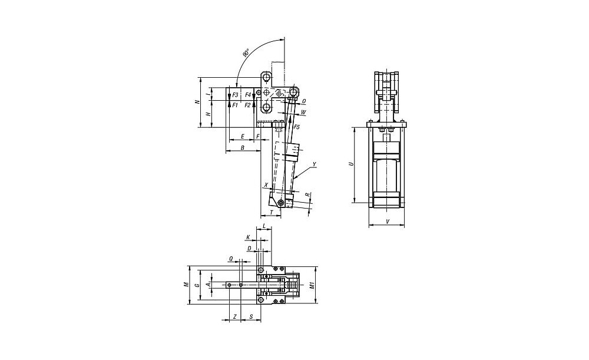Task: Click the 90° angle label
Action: click(x=246, y=52)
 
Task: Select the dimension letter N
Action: click(x=197, y=102)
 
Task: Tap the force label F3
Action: click(x=235, y=95)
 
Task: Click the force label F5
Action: click(x=296, y=127)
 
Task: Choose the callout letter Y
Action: click(x=315, y=164)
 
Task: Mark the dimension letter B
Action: click(x=242, y=148)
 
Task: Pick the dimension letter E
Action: click(x=242, y=136)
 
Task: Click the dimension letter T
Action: click(x=272, y=213)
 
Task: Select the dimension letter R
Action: click(x=307, y=194)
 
